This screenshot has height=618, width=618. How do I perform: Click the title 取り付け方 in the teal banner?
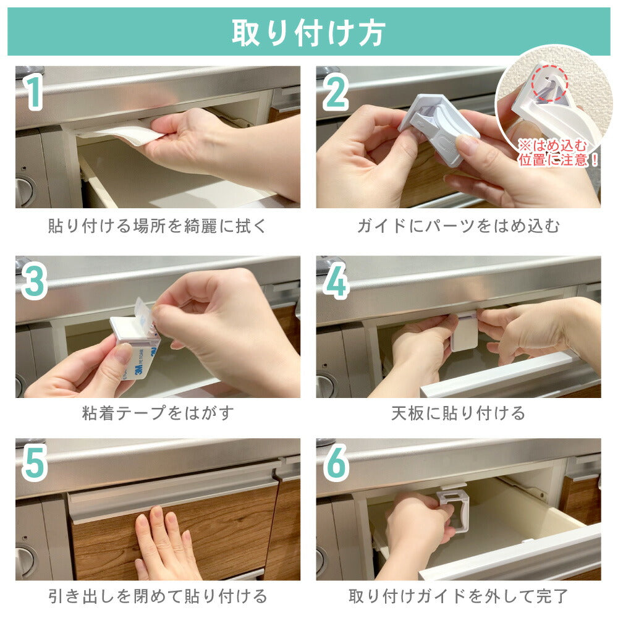[308, 33]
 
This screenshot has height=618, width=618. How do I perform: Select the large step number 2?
[336, 93]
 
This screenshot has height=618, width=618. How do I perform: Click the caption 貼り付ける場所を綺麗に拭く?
[158, 226]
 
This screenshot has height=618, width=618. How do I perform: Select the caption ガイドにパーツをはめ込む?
[459, 226]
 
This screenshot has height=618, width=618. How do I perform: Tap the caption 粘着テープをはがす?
[158, 413]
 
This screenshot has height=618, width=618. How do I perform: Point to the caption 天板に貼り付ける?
[459, 413]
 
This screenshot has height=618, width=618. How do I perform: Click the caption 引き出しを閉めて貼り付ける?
[158, 596]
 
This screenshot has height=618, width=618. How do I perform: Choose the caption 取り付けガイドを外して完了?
[459, 596]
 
